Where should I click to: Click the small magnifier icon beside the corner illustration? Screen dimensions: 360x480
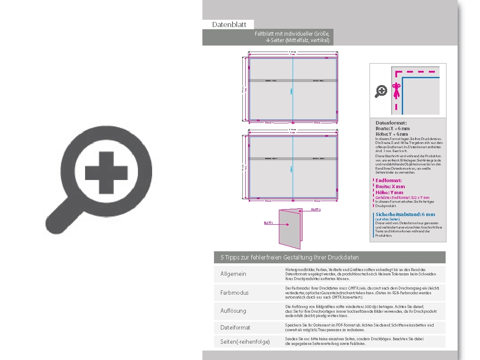coord(381,91)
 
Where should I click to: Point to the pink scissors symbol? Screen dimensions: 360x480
coord(397,90)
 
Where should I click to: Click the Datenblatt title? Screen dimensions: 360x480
coord(229,25)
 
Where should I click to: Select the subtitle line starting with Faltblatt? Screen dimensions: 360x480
coord(292,34)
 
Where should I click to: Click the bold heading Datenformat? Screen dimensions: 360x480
coord(391,123)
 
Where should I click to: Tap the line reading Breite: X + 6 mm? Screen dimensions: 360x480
coord(392,128)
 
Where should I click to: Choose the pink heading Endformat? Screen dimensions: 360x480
coord(388,181)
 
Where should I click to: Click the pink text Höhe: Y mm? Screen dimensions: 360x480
coord(389,192)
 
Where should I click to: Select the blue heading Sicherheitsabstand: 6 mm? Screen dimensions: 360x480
coord(405,214)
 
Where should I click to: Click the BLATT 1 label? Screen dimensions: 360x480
coord(268,223)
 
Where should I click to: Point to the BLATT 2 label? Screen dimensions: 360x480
coord(316,210)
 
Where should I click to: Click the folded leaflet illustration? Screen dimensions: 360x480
coord(290,228)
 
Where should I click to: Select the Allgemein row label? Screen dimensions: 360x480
coord(233,274)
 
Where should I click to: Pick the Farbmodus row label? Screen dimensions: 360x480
coord(234,293)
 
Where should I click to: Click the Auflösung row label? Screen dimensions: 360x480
coord(233,311)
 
